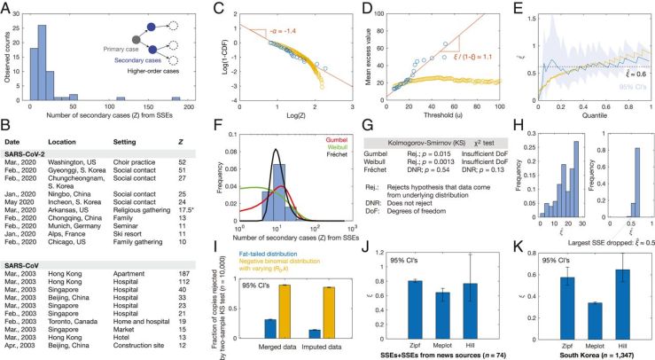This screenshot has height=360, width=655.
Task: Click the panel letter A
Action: [x=7, y=7]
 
